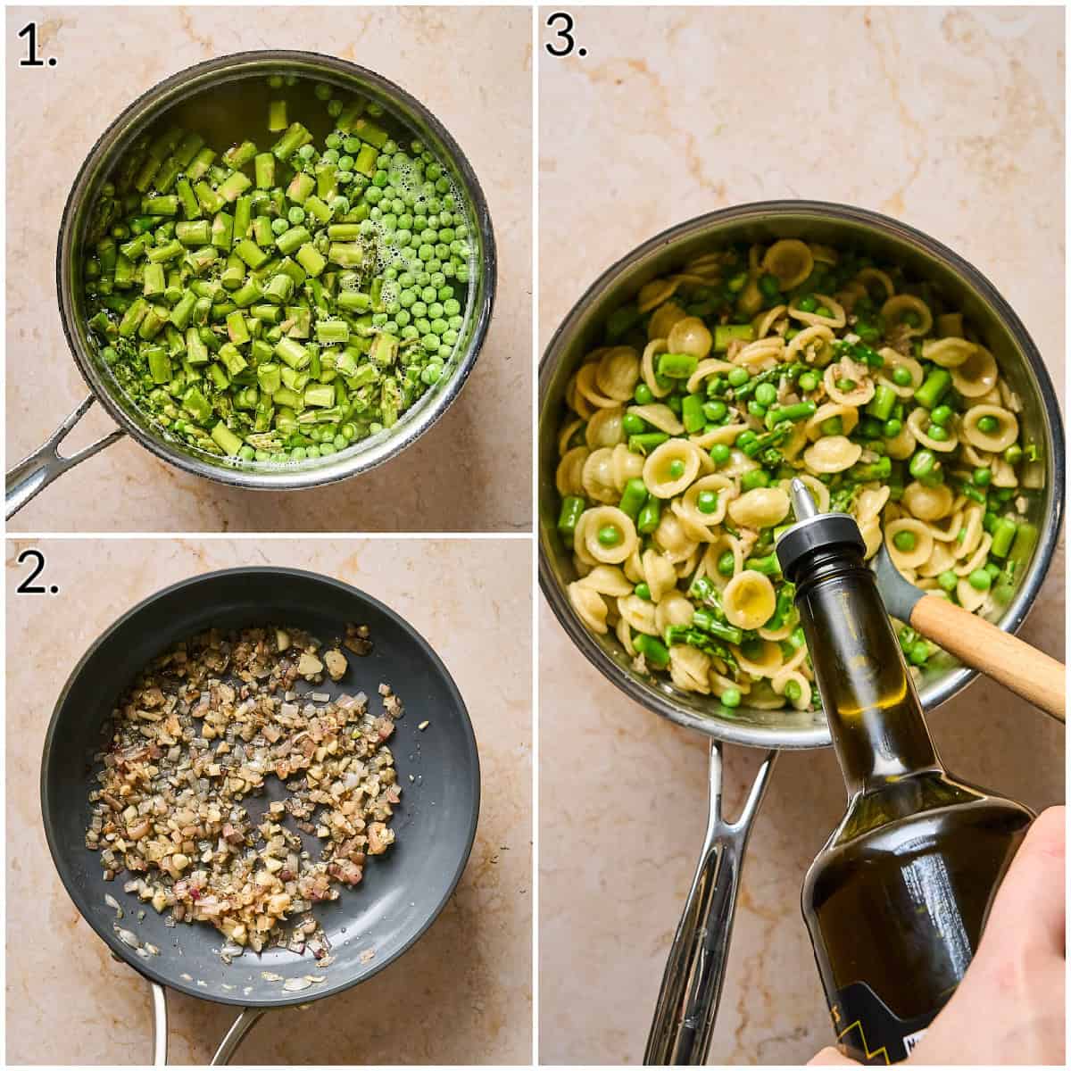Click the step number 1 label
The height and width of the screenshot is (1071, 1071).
[x=37, y=47]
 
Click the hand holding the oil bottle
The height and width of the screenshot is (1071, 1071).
[x=1009, y=964]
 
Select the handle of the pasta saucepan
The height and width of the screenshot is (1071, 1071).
[x=705, y=892]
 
